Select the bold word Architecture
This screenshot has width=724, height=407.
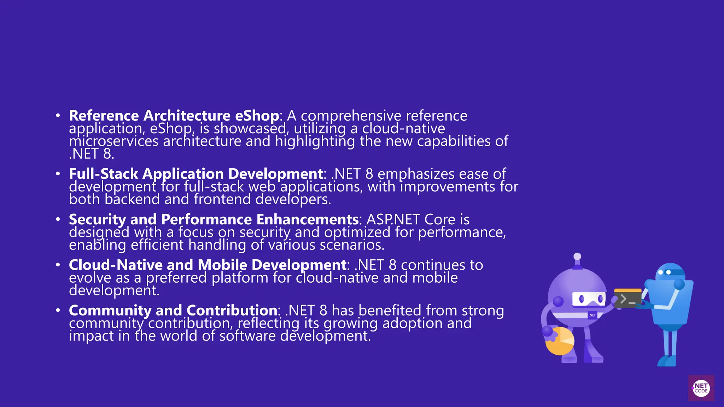coord(187,116)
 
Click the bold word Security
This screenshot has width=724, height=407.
coord(97,219)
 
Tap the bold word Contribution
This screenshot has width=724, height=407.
coord(232,311)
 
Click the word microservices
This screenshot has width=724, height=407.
coord(113,141)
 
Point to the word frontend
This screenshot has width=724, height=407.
coord(222,200)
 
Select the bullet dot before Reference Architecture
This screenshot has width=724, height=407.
coord(58,116)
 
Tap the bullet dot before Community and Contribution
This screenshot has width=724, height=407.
coord(58,311)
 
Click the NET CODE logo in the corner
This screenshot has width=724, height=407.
coord(701,388)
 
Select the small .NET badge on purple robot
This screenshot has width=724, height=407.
coord(592,315)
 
